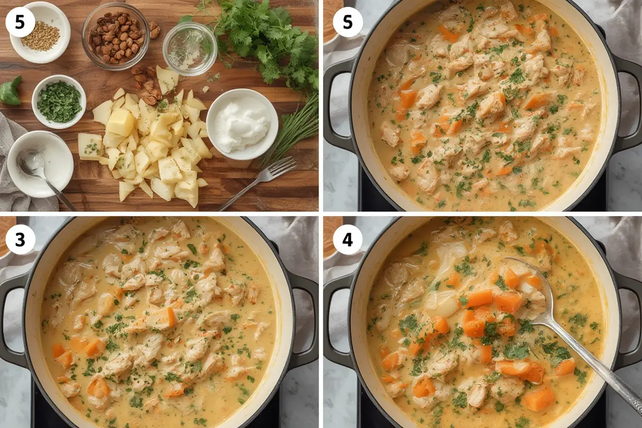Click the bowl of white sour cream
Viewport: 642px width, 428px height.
[242, 124]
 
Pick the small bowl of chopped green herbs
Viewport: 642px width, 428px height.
[59, 101]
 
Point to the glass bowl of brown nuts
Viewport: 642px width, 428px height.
[116, 36]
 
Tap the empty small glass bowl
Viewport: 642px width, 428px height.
[189, 49]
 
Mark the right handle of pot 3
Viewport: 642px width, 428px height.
[305, 321]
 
